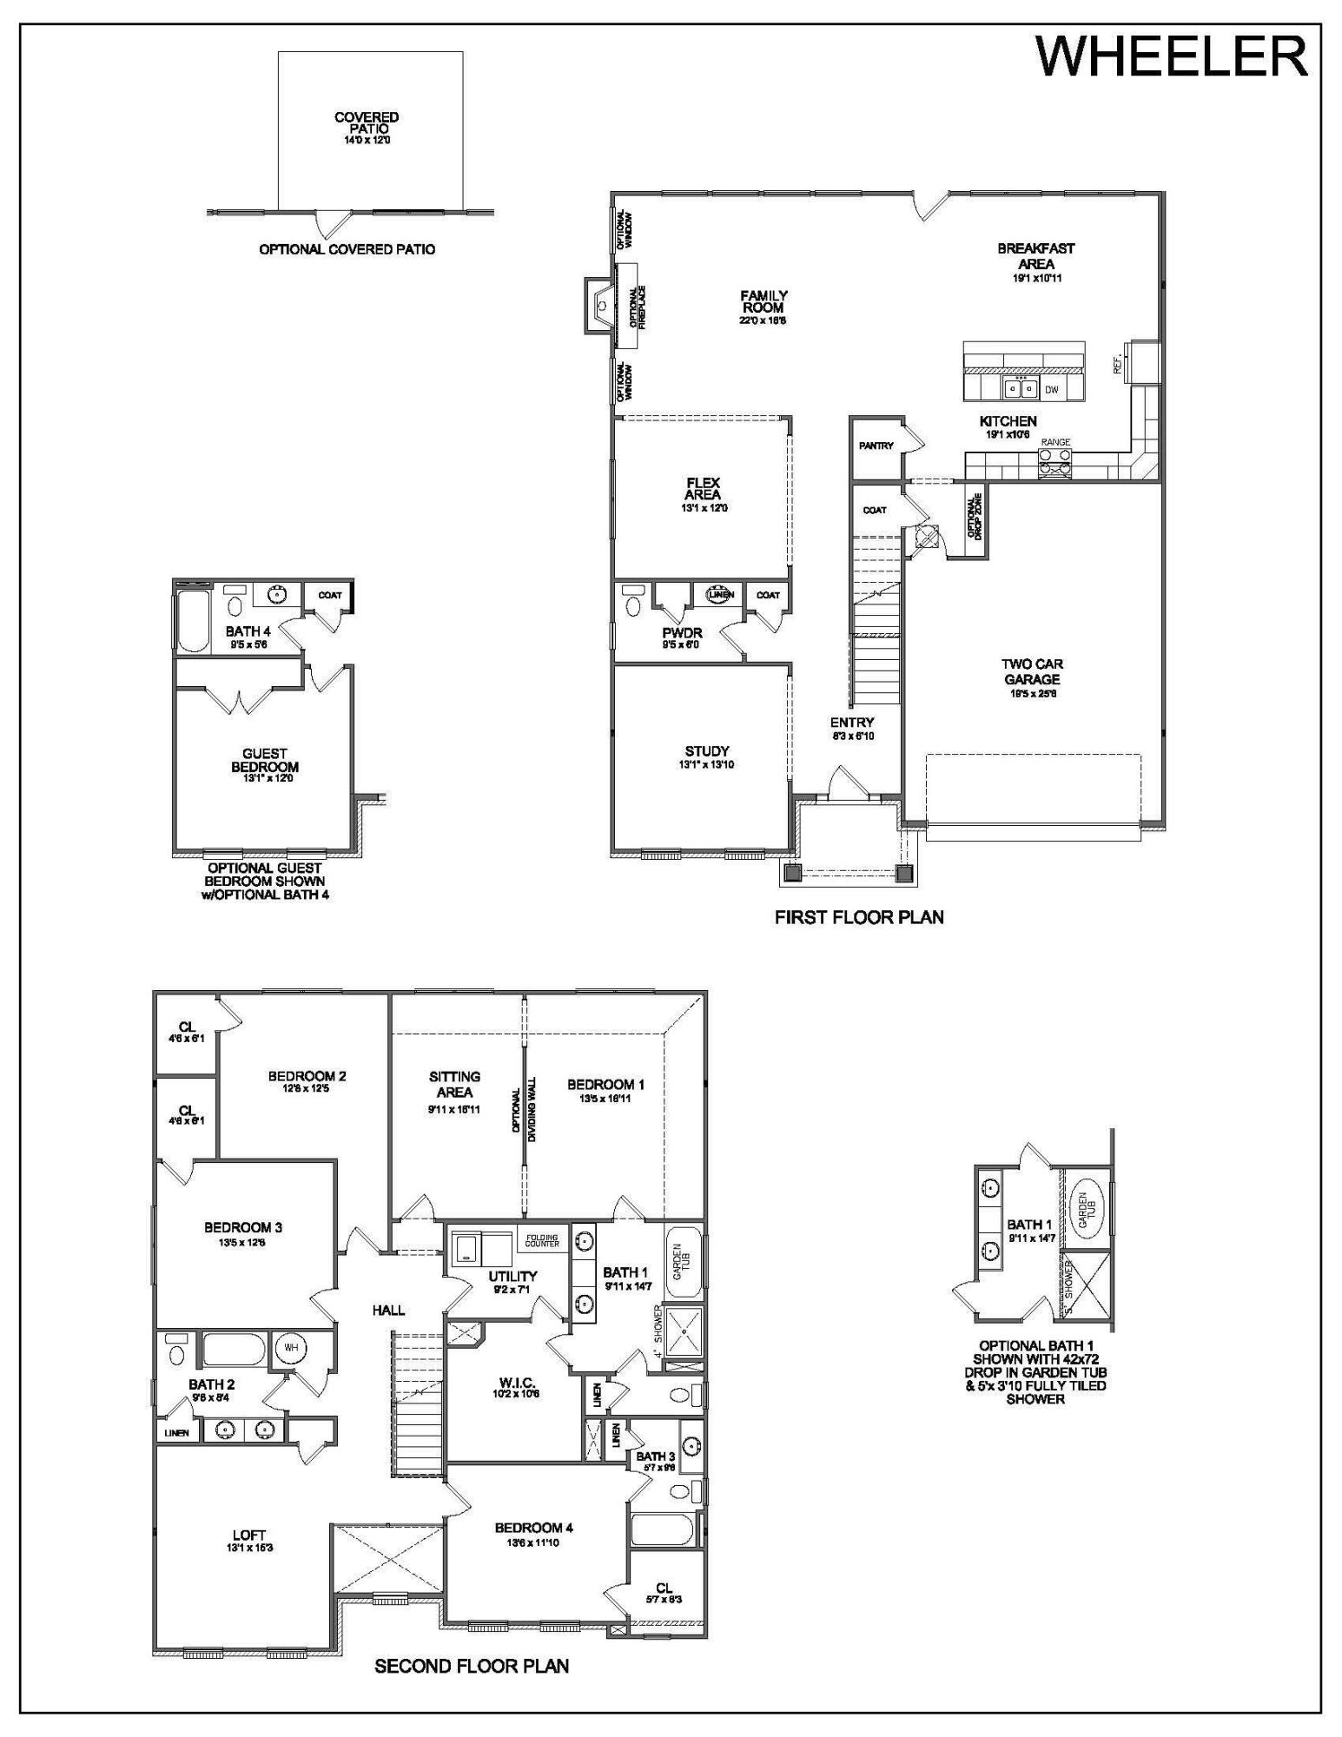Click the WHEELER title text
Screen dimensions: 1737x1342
pos(1172,57)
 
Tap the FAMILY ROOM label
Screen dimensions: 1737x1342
pos(764,302)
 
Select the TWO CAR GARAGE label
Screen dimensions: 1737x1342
pos(1032,672)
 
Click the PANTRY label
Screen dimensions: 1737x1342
pos(876,446)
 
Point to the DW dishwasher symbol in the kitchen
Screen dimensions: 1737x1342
pos(1052,390)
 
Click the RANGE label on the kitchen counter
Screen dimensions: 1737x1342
pos(1055,442)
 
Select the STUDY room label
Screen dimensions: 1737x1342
pos(707,751)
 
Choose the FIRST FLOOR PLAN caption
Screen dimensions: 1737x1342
pos(859,917)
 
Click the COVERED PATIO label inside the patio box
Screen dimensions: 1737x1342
pos(367,122)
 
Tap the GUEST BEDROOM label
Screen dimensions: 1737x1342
pos(265,761)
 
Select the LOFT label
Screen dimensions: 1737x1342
pos(249,1535)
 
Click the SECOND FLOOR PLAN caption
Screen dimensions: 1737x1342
pos(472,1666)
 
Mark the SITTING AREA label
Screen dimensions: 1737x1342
pos(454,1084)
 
